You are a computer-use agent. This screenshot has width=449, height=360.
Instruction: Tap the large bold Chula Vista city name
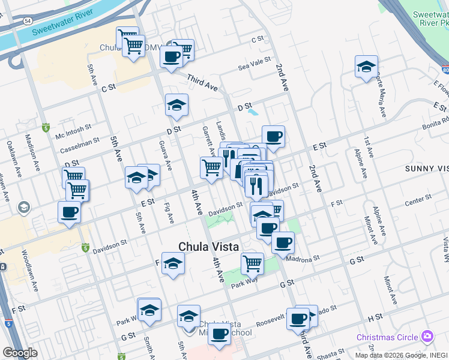pos(209,247)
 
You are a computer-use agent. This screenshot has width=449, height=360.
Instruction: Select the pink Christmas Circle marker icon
pos(427,336)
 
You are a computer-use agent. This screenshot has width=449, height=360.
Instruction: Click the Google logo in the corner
pos(20,353)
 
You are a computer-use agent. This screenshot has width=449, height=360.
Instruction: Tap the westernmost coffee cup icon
pos(69,212)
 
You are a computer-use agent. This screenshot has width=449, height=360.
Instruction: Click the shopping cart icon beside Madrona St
pos(252,262)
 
